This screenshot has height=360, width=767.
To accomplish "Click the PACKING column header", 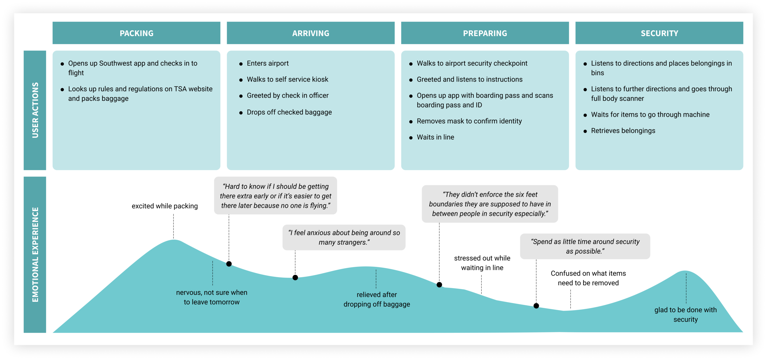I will (136, 33).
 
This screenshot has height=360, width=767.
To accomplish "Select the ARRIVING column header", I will (310, 33).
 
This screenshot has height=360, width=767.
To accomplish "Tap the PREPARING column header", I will (485, 33).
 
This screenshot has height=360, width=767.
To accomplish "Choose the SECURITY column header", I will (659, 33).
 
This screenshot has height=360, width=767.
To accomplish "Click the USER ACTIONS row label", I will (35, 110).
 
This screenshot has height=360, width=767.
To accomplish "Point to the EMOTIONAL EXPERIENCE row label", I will (35, 255).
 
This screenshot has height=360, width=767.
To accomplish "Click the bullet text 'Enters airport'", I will (268, 63).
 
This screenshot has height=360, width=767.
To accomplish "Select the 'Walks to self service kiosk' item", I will (287, 79).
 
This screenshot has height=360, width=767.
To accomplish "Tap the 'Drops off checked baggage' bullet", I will (289, 112).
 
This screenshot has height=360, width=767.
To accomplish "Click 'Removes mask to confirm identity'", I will (469, 121).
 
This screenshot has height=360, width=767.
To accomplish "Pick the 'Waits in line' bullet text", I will (435, 137).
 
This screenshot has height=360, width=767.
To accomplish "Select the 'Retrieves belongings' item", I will (623, 131).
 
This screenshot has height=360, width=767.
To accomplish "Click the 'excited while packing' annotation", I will (165, 206).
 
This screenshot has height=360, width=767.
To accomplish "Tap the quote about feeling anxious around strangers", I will (344, 237).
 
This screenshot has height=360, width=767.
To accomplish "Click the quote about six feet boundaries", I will (490, 204).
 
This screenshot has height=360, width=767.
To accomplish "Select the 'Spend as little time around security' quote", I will (585, 246).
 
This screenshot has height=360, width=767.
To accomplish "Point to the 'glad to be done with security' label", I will (685, 315).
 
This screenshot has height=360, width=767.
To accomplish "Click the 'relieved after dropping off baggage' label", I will (377, 299).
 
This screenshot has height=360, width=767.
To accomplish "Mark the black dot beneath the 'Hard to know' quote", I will (229, 264).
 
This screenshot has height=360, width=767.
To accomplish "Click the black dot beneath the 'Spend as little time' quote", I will (536, 306).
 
